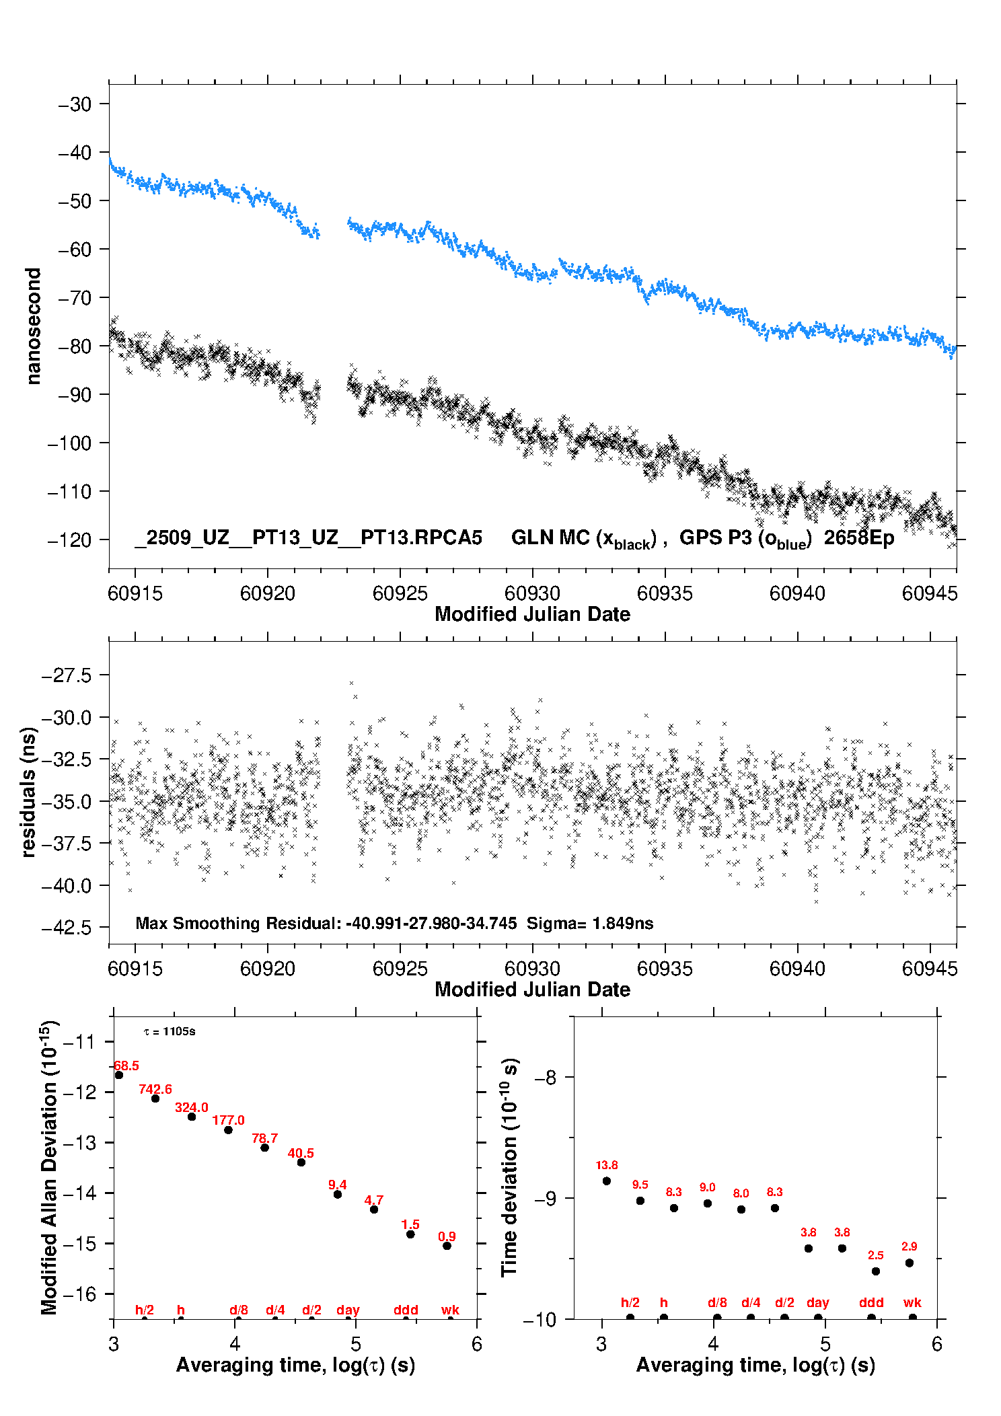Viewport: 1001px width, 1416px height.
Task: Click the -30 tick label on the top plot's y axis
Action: click(75, 104)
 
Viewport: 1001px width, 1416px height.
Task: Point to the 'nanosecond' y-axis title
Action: click(33, 326)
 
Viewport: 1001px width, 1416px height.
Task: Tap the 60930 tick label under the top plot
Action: click(532, 593)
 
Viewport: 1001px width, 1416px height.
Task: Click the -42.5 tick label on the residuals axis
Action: click(67, 928)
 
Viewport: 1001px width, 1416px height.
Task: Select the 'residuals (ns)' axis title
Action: click(28, 792)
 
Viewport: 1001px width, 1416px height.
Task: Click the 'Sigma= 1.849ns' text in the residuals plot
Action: click(589, 923)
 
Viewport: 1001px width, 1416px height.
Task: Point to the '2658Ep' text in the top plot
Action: click(859, 538)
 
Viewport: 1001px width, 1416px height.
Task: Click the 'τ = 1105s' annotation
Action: click(170, 1031)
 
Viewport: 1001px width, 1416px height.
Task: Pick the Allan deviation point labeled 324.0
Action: click(192, 1117)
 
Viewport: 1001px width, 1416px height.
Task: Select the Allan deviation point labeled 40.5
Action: click(301, 1162)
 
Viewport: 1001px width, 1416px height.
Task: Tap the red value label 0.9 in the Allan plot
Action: click(447, 1236)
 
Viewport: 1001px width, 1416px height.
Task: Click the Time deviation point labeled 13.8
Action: click(607, 1181)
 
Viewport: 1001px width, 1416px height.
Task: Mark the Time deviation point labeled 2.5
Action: click(876, 1271)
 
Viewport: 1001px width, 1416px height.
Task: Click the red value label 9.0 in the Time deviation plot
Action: click(707, 1187)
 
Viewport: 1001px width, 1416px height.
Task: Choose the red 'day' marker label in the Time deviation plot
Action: click(818, 1303)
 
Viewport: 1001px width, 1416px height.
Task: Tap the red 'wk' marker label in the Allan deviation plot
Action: click(450, 1310)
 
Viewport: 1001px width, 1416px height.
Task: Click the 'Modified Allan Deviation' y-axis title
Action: click(49, 1167)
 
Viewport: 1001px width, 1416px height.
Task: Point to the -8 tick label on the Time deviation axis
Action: click(546, 1078)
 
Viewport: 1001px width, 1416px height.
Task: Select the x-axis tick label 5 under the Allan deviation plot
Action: click(356, 1344)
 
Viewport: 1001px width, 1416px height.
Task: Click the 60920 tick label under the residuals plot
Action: click(268, 969)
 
